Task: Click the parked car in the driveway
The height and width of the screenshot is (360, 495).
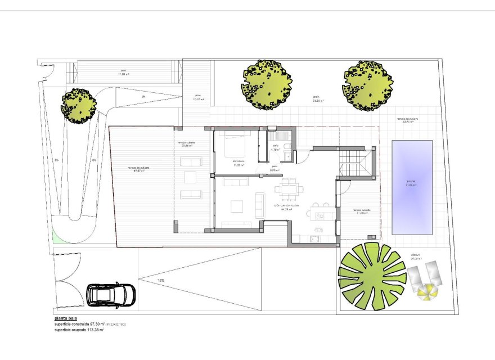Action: (111, 294)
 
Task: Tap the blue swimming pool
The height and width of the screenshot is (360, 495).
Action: (412, 187)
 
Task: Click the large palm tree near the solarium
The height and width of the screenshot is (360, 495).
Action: (372, 276)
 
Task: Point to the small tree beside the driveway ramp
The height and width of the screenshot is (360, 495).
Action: (78, 105)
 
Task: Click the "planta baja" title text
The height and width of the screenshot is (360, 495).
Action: (66, 319)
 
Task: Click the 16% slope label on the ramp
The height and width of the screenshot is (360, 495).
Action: (160, 280)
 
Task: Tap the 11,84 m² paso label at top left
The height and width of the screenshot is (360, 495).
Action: (124, 73)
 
